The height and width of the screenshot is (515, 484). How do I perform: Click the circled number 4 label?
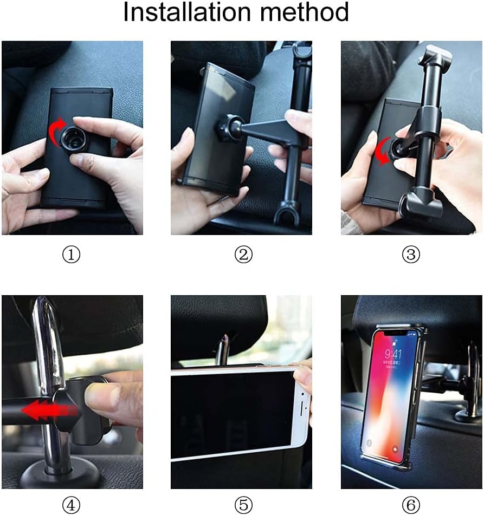71,505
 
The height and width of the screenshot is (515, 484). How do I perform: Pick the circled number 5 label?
243,505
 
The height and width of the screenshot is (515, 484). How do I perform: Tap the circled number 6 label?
411,505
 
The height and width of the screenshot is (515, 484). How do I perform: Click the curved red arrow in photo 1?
56,132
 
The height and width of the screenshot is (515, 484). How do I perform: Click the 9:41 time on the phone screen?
392,354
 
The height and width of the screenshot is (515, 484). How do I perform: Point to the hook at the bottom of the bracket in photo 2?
286,214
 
